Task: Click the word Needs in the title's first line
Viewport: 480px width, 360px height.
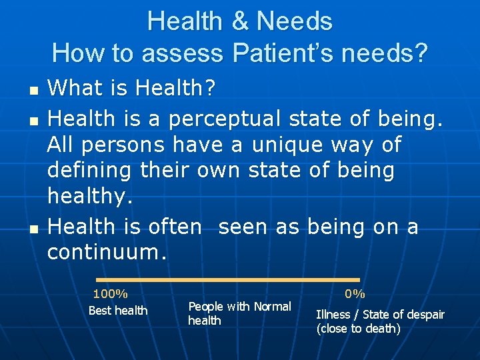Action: point(294,21)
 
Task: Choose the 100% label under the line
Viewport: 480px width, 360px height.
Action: point(111,294)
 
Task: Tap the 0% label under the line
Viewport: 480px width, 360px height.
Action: point(355,294)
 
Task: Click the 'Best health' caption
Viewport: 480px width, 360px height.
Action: point(118,311)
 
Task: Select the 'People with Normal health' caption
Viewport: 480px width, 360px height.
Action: point(239,313)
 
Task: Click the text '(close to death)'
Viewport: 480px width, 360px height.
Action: point(358,329)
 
